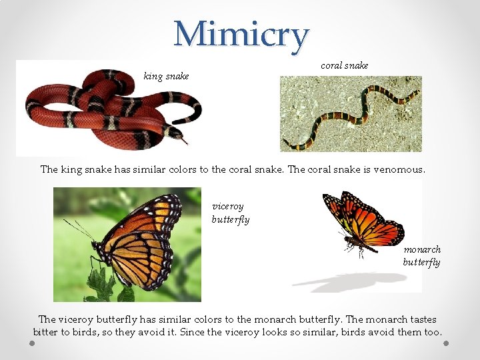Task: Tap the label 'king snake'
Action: [x=166, y=76]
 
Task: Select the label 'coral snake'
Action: [x=344, y=65]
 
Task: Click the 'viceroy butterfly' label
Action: [x=231, y=213]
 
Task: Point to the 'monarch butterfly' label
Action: [x=421, y=255]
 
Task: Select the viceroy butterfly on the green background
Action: [x=140, y=240]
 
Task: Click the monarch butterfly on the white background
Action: [x=363, y=220]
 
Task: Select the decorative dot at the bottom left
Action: [x=33, y=343]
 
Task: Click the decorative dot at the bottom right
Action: [x=446, y=343]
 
